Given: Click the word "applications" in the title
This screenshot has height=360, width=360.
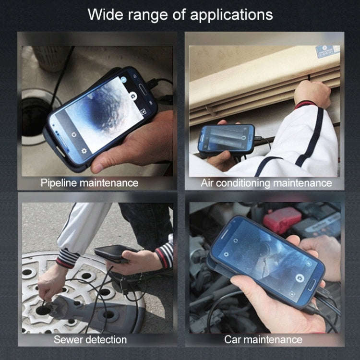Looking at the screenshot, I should tap(231, 14).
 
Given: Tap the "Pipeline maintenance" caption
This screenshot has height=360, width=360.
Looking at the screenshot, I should tap(89, 183).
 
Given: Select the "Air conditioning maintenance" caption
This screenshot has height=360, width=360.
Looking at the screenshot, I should tap(266, 183).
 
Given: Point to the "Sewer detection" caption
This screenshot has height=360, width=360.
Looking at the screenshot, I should tap(90, 340).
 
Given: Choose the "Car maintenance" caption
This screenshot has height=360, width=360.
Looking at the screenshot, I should tap(263, 340).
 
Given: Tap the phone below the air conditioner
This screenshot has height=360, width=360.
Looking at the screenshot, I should tap(227, 139).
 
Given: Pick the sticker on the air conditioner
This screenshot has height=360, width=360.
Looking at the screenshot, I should tap(328, 51).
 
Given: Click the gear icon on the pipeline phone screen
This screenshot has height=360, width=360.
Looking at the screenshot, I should tap(84, 150).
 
